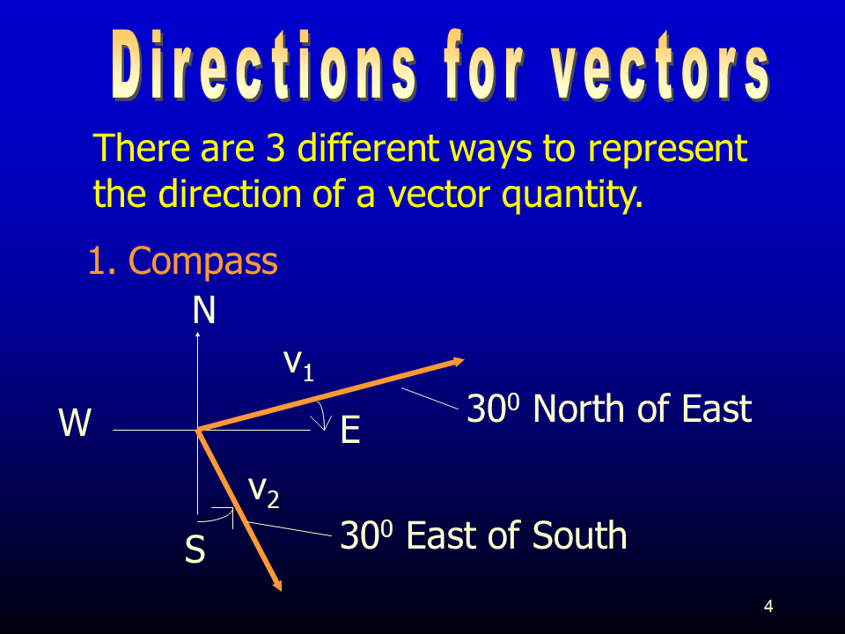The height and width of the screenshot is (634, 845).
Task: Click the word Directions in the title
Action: click(263, 65)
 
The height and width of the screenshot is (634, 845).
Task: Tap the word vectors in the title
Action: click(660, 67)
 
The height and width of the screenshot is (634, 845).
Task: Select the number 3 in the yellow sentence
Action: click(275, 147)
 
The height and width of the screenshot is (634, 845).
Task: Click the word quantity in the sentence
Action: click(572, 194)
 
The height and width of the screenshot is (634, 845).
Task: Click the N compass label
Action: click(204, 310)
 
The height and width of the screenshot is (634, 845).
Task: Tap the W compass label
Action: click(75, 422)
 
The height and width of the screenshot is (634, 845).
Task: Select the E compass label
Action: click(350, 431)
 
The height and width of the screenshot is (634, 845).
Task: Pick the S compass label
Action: click(195, 549)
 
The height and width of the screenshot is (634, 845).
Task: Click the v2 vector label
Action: click(263, 491)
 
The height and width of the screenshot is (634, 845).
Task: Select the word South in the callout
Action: click(579, 535)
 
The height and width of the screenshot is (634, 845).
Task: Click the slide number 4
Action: click(768, 607)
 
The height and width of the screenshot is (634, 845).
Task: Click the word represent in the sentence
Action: click(667, 149)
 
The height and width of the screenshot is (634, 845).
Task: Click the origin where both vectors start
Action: click(198, 430)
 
